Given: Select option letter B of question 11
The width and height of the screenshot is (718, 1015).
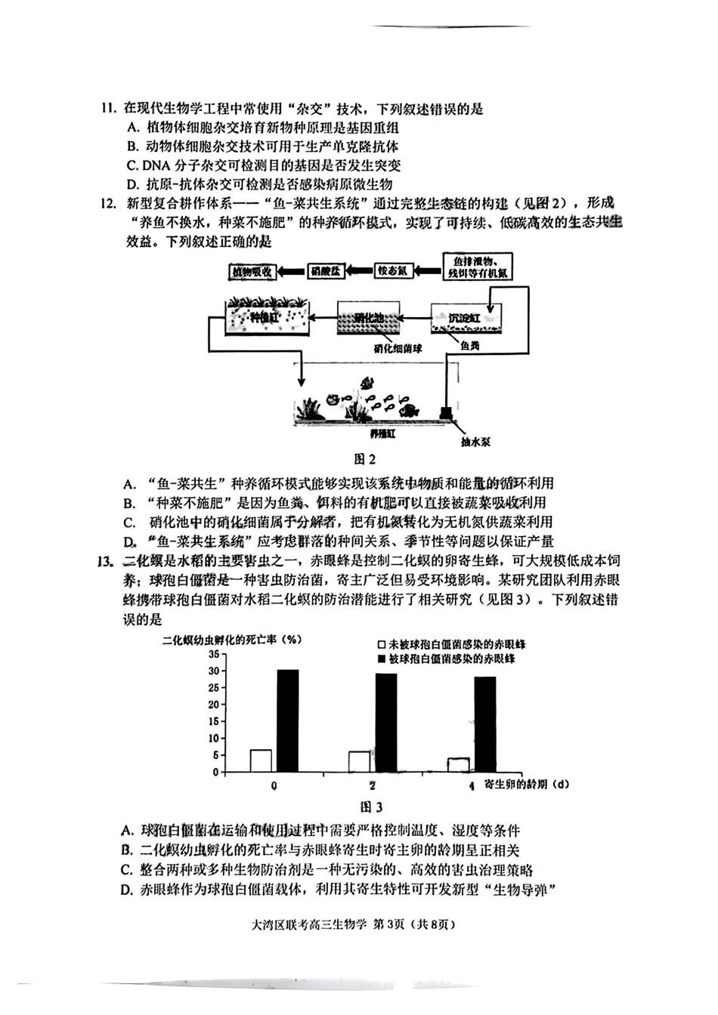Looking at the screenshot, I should tap(132, 147).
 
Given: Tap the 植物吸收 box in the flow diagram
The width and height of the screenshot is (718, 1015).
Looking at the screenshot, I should tap(252, 271).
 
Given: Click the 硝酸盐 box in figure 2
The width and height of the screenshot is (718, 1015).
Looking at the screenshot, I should tap(327, 271).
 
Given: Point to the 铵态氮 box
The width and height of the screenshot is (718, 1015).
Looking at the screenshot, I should tap(393, 270).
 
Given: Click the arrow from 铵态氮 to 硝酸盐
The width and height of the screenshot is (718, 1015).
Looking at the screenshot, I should tap(361, 270).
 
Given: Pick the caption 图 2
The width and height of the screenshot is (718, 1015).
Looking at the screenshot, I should tap(365, 458).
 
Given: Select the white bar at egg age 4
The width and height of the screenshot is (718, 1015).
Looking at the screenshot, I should tap(459, 764).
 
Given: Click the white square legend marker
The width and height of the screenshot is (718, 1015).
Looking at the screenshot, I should tap(382, 645).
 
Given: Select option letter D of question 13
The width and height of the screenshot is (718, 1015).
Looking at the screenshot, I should tap(126, 890).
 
